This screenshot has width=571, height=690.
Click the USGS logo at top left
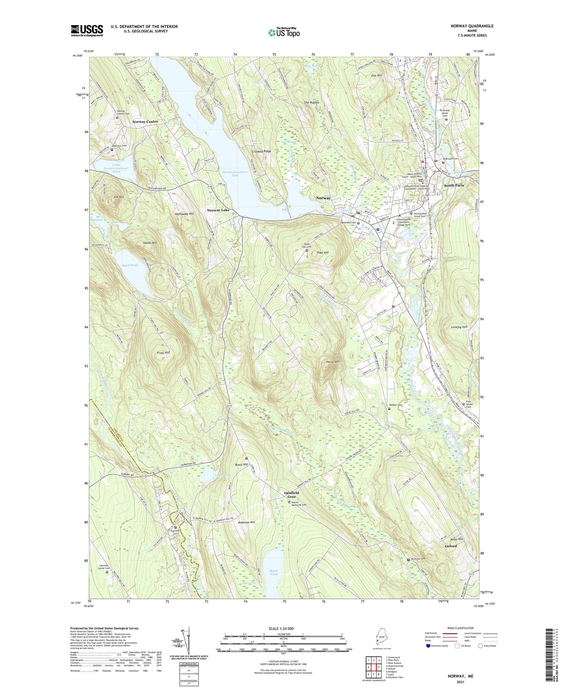[87, 30]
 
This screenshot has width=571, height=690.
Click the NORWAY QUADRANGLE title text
[472, 26]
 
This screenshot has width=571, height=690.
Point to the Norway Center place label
[145, 122]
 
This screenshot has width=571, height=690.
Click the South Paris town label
[454, 185]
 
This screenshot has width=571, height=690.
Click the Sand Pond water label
[130, 265]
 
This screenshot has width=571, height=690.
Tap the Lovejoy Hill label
[459, 327]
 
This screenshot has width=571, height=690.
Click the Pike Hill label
[323, 253]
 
